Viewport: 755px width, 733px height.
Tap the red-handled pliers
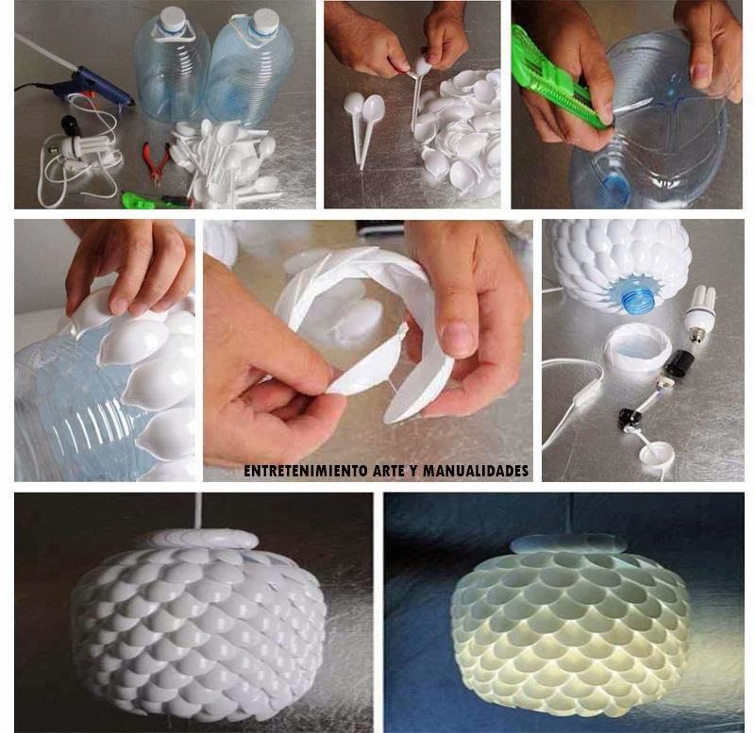click(155, 162)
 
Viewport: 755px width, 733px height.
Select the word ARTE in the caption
click(390, 470)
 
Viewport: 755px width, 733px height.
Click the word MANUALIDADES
click(476, 470)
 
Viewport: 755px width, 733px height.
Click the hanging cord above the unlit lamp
click(197, 510)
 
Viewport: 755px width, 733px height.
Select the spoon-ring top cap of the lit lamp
click(568, 543)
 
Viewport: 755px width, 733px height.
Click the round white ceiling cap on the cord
click(655, 454)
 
